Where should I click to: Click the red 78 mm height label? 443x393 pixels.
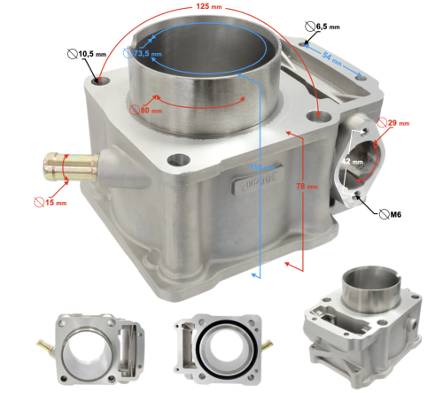[x=306, y=186]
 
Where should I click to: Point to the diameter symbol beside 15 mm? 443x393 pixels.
[x=37, y=202]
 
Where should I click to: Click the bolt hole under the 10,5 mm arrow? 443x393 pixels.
[x=99, y=82]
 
